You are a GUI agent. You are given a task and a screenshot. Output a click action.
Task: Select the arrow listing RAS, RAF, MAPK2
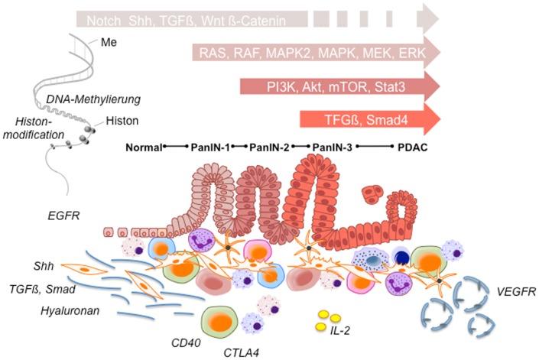(317, 53)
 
